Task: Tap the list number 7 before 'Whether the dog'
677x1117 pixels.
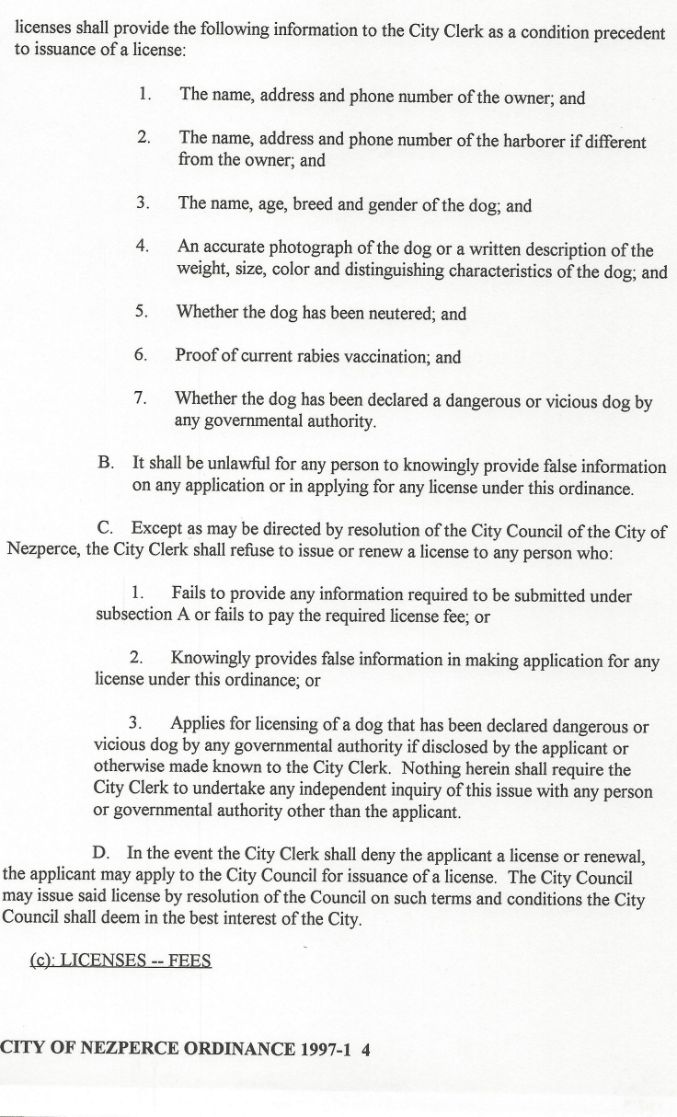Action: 141,399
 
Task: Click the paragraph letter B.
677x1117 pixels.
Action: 106,466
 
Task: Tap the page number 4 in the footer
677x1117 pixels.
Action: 365,1045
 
